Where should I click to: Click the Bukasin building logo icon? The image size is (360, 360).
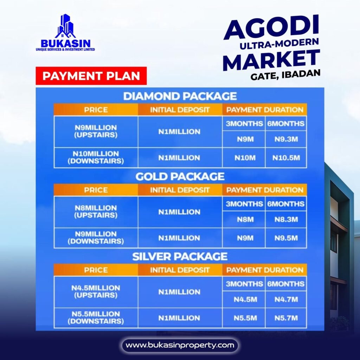point(65,26)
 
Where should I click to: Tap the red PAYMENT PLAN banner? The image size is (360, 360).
point(91,76)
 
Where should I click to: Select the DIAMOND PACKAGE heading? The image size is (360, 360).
point(180,96)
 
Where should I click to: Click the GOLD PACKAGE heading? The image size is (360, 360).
point(180,176)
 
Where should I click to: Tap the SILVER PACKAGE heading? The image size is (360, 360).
point(180,256)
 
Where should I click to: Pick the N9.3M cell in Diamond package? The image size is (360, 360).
point(286,139)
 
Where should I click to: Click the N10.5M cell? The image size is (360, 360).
point(286,158)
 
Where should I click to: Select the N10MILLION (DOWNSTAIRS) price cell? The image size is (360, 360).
point(96,157)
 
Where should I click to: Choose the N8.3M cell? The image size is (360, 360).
point(286,219)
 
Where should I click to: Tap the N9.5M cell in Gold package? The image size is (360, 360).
point(286,238)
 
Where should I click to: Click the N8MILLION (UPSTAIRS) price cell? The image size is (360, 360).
point(96,212)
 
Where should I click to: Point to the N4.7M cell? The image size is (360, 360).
point(286,300)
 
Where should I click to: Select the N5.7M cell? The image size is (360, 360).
point(286,318)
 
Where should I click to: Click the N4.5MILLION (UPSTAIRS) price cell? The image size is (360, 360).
point(96,291)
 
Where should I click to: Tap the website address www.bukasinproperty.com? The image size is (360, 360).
point(180,345)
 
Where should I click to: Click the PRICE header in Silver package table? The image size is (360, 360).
point(96,270)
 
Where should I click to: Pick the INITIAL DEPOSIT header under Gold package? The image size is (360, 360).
point(180,190)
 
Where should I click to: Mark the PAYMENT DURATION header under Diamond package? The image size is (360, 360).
point(265,110)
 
